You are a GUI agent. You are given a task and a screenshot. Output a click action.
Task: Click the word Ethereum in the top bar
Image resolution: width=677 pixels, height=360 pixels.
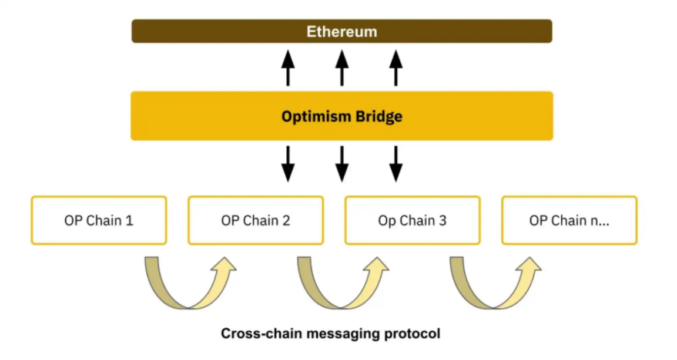[x=342, y=32]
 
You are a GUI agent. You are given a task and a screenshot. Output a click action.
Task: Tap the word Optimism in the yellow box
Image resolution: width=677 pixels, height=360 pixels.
[x=316, y=116]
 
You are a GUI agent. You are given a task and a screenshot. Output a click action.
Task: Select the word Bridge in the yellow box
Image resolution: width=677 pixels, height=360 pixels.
[x=379, y=116]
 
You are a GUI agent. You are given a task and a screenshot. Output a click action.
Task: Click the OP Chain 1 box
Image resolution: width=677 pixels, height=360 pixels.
[x=99, y=221]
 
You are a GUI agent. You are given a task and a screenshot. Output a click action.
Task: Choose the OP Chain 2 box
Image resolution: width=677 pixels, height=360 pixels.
[x=256, y=221]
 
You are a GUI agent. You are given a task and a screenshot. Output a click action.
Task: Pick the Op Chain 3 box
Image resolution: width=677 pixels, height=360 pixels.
[x=413, y=221]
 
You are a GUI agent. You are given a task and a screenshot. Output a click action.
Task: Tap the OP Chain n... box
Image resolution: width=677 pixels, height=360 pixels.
[x=569, y=221]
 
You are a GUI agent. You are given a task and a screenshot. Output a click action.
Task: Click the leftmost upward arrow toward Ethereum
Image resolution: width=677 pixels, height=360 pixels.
[x=288, y=68]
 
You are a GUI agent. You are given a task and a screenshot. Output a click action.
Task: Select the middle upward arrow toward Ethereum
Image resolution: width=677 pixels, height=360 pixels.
[x=342, y=68]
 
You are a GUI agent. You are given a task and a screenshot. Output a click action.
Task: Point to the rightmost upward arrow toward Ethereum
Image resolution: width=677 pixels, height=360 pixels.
[x=396, y=68]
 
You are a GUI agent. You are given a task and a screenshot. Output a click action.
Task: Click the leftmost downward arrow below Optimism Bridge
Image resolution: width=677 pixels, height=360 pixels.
[x=288, y=164]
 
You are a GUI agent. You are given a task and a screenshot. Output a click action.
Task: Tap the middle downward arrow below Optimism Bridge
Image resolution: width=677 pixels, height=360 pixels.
[x=342, y=164]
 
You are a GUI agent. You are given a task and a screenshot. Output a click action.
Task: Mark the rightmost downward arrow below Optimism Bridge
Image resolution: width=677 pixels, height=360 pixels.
[x=396, y=164]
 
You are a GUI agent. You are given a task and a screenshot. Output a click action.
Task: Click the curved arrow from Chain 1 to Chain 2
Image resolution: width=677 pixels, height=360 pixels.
[x=188, y=305]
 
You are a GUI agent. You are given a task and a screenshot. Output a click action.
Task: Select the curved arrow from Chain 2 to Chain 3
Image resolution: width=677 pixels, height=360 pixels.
[x=341, y=305]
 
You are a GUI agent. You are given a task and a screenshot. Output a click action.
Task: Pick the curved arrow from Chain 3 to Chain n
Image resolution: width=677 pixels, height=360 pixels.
[x=493, y=305]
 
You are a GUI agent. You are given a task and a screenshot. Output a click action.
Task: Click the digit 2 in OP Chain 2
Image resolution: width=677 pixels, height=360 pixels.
[x=286, y=221]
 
